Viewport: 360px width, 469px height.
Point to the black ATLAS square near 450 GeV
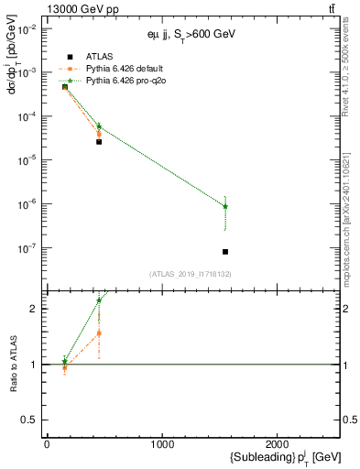point(99,141)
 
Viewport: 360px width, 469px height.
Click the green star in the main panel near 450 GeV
point(99,126)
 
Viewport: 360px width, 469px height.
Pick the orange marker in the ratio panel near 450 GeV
point(99,333)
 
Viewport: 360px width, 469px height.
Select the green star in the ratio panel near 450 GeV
point(99,300)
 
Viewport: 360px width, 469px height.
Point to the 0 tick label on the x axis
point(47,444)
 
